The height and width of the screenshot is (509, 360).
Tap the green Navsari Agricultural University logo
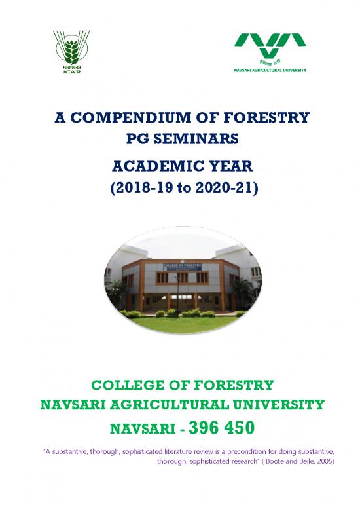click(x=271, y=48)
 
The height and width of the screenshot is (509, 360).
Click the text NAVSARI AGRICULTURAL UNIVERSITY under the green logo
click(x=271, y=69)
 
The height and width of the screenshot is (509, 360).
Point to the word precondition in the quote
click(x=238, y=452)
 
